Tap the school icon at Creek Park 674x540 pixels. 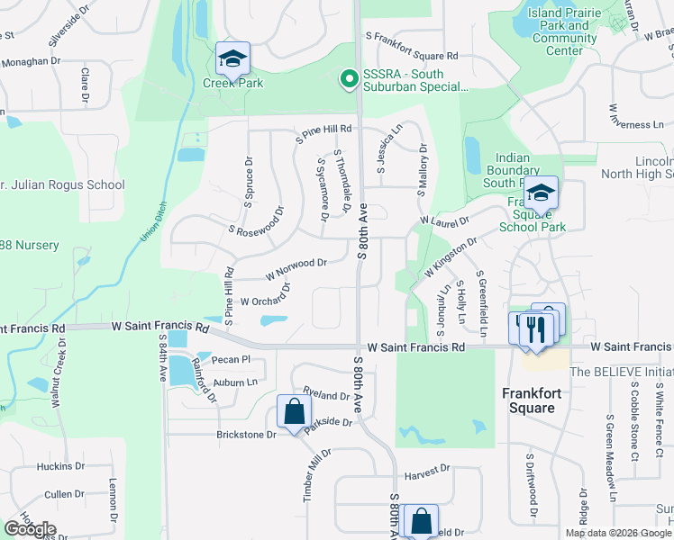tap(233, 58)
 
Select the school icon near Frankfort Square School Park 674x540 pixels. tap(541, 193)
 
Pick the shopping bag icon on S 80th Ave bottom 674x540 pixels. tap(421, 520)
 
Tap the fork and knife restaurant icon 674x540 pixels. tap(539, 327)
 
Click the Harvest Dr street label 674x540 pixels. tap(426, 471)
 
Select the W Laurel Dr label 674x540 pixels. tap(444, 220)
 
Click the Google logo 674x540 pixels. tap(30, 529)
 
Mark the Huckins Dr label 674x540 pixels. tap(60, 467)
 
